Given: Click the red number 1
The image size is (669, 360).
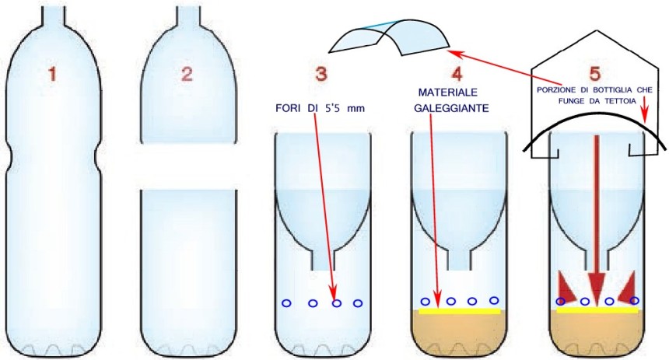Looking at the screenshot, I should [x=52, y=75].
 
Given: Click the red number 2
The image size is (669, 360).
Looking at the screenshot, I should [x=186, y=75].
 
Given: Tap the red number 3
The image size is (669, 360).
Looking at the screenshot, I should [x=321, y=75].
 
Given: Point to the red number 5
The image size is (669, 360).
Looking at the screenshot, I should [x=595, y=75].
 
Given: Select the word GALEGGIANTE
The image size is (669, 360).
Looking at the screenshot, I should [x=451, y=110].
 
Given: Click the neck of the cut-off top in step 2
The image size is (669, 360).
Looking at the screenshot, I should [x=187, y=11].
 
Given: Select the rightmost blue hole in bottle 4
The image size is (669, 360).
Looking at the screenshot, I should [x=493, y=300].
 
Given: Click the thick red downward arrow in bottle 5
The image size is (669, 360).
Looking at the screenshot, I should [x=597, y=218].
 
